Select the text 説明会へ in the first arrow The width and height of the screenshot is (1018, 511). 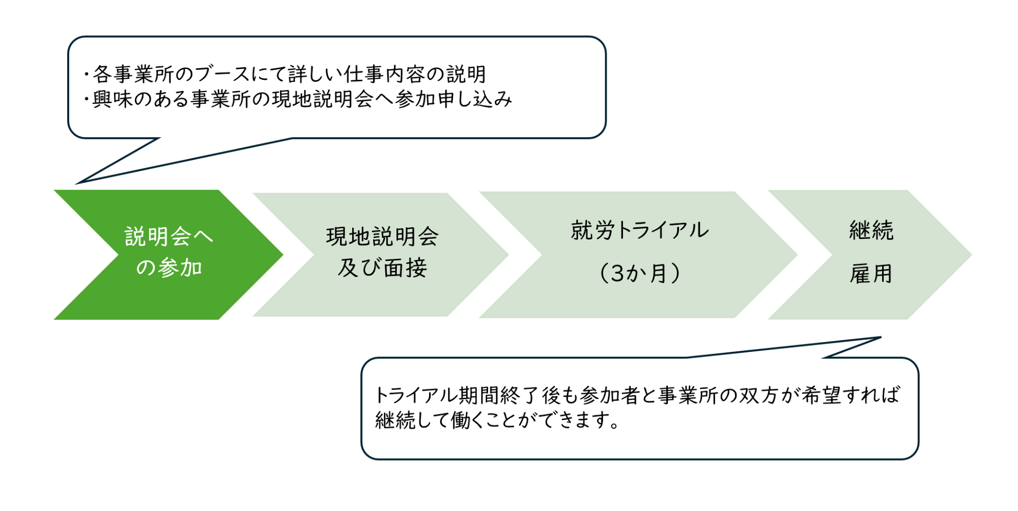tap(168, 236)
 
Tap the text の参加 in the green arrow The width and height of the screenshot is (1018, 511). tap(169, 267)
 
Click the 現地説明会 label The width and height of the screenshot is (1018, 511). tap(382, 236)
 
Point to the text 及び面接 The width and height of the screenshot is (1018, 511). tap(382, 268)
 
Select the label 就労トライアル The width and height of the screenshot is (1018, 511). tap(639, 230)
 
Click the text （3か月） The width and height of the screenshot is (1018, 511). tap(639, 274)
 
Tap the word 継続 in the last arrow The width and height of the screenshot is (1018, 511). tap(871, 230)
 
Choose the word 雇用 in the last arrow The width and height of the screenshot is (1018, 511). tap(871, 275)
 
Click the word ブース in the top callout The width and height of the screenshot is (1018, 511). tap(223, 75)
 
